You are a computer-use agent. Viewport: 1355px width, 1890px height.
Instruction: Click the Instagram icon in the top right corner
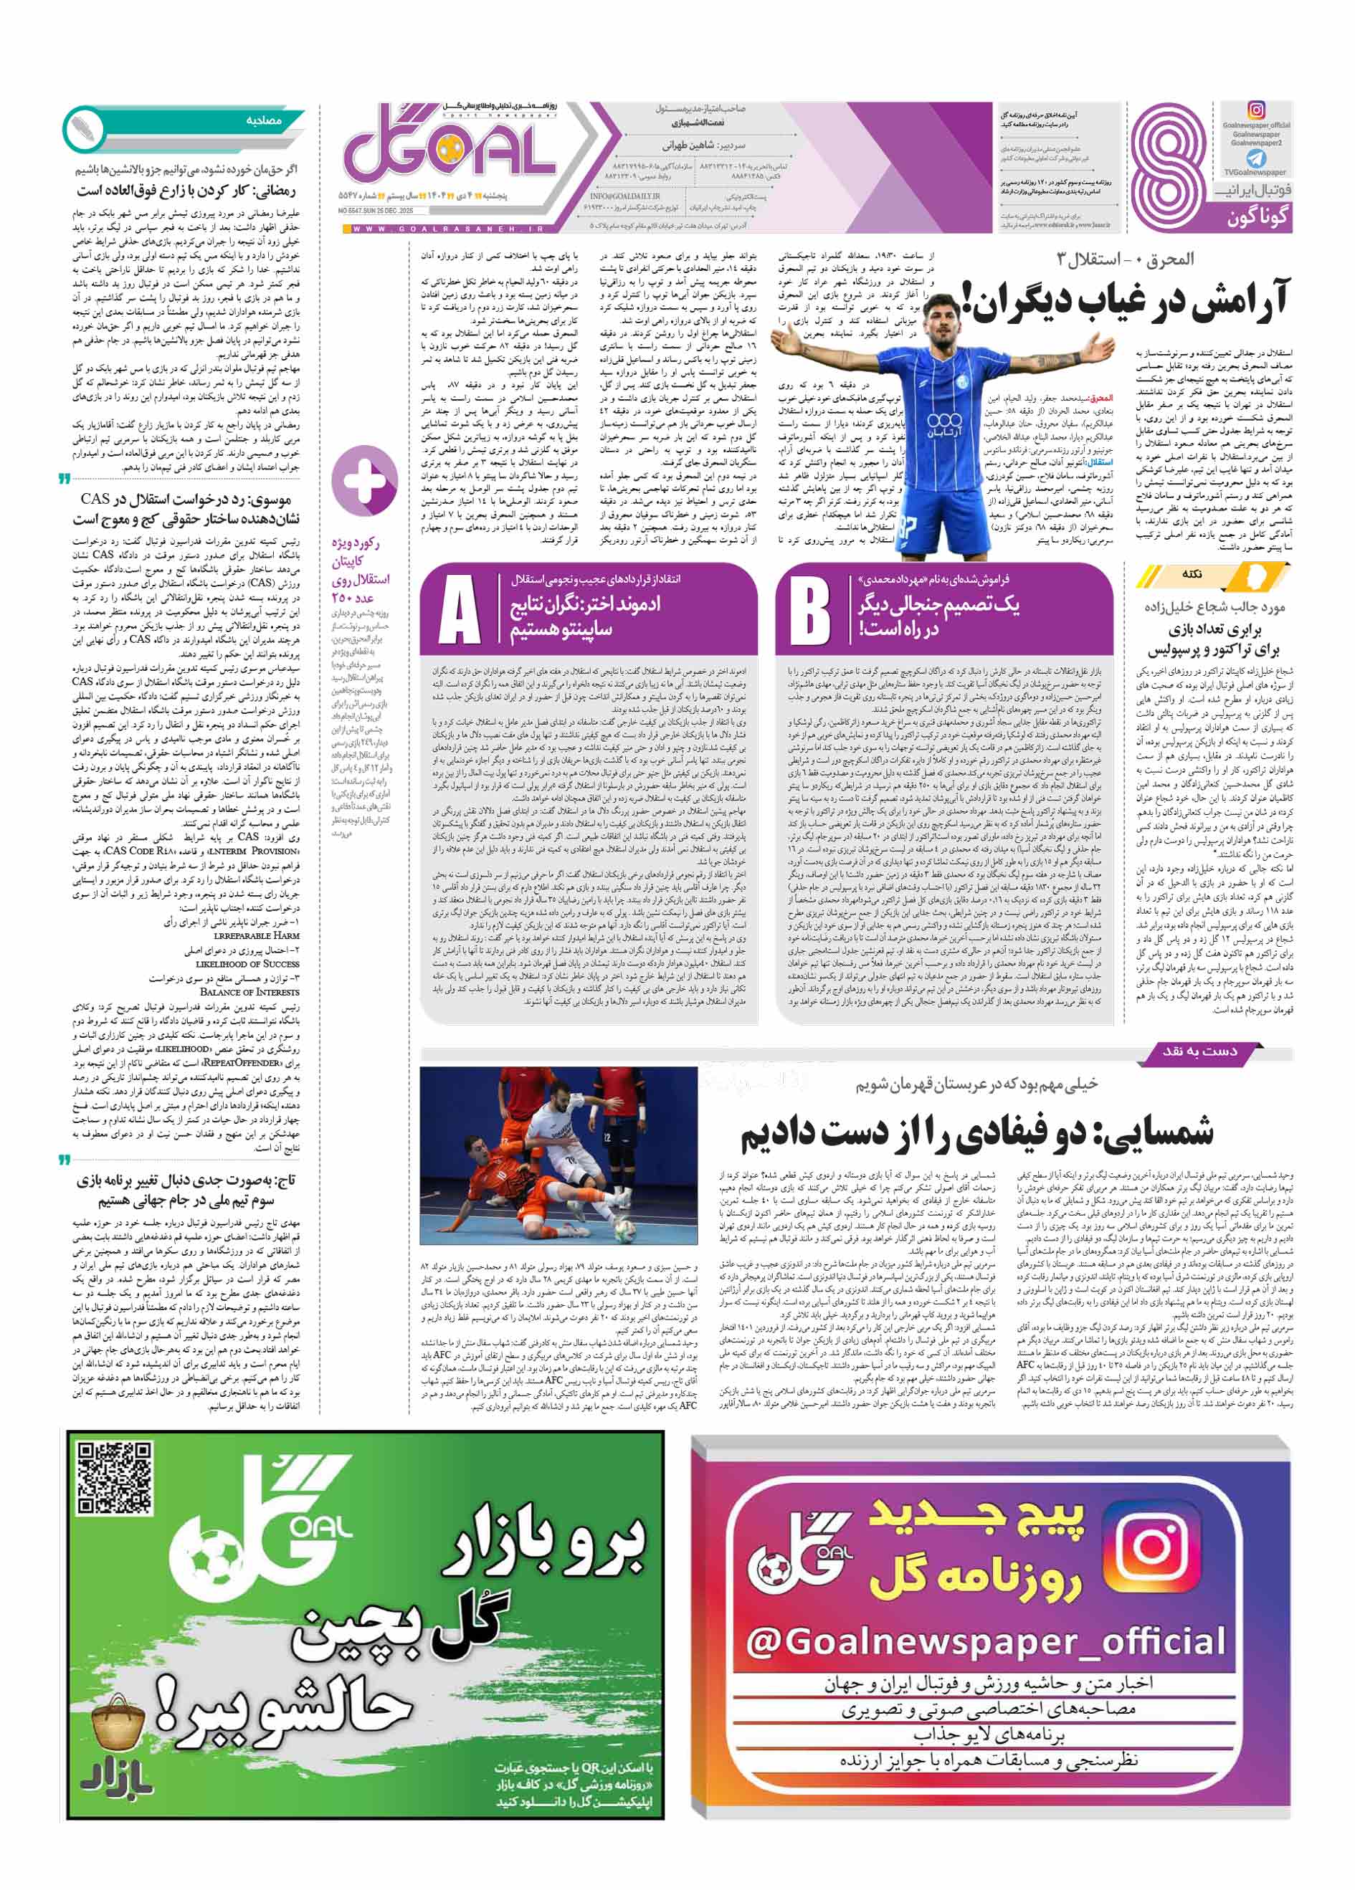coord(1256,110)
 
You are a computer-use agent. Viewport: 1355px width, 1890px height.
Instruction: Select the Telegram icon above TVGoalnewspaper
coord(1255,158)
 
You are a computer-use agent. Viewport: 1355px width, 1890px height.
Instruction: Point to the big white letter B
coord(808,610)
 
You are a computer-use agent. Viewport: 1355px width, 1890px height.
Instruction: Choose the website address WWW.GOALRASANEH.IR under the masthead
coord(447,229)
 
